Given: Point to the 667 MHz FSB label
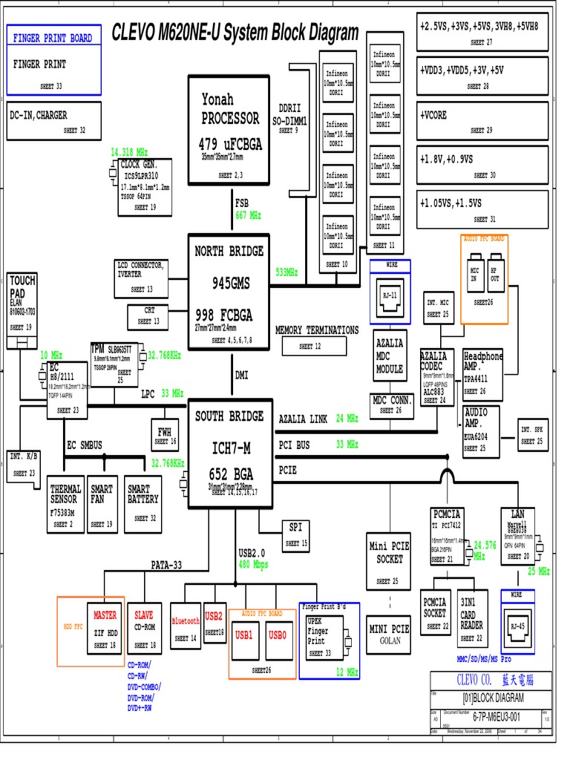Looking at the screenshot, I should pyautogui.click(x=249, y=215).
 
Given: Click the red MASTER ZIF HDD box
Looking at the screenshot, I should pyautogui.click(x=105, y=629).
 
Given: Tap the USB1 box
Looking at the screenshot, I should pyautogui.click(x=244, y=635).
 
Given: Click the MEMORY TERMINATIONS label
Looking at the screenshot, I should pyautogui.click(x=316, y=330).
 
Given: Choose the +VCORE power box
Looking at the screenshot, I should pyautogui.click(x=482, y=122).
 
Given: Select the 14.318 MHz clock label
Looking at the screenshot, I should pyautogui.click(x=129, y=151).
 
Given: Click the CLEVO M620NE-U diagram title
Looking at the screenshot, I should pyautogui.click(x=235, y=33).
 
